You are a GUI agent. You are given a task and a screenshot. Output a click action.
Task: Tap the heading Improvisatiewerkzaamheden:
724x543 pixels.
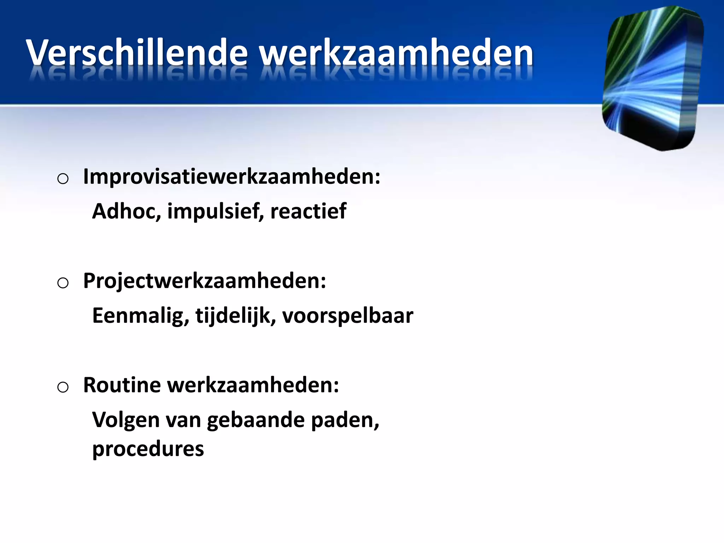(232, 176)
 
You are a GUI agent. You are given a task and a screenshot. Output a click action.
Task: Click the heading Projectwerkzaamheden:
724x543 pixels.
(204, 281)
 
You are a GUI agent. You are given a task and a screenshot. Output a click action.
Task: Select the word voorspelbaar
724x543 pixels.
(348, 316)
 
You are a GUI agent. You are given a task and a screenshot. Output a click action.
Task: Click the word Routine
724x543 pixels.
(122, 385)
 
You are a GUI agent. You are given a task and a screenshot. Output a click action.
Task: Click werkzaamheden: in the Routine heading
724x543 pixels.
(253, 385)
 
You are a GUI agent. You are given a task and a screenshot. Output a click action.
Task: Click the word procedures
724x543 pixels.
(148, 449)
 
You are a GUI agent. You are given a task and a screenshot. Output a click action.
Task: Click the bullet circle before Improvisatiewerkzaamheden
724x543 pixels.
(63, 179)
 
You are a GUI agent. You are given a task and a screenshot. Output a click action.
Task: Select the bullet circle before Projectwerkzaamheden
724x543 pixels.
(63, 283)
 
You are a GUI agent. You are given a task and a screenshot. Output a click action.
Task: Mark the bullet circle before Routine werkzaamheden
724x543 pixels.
(63, 387)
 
